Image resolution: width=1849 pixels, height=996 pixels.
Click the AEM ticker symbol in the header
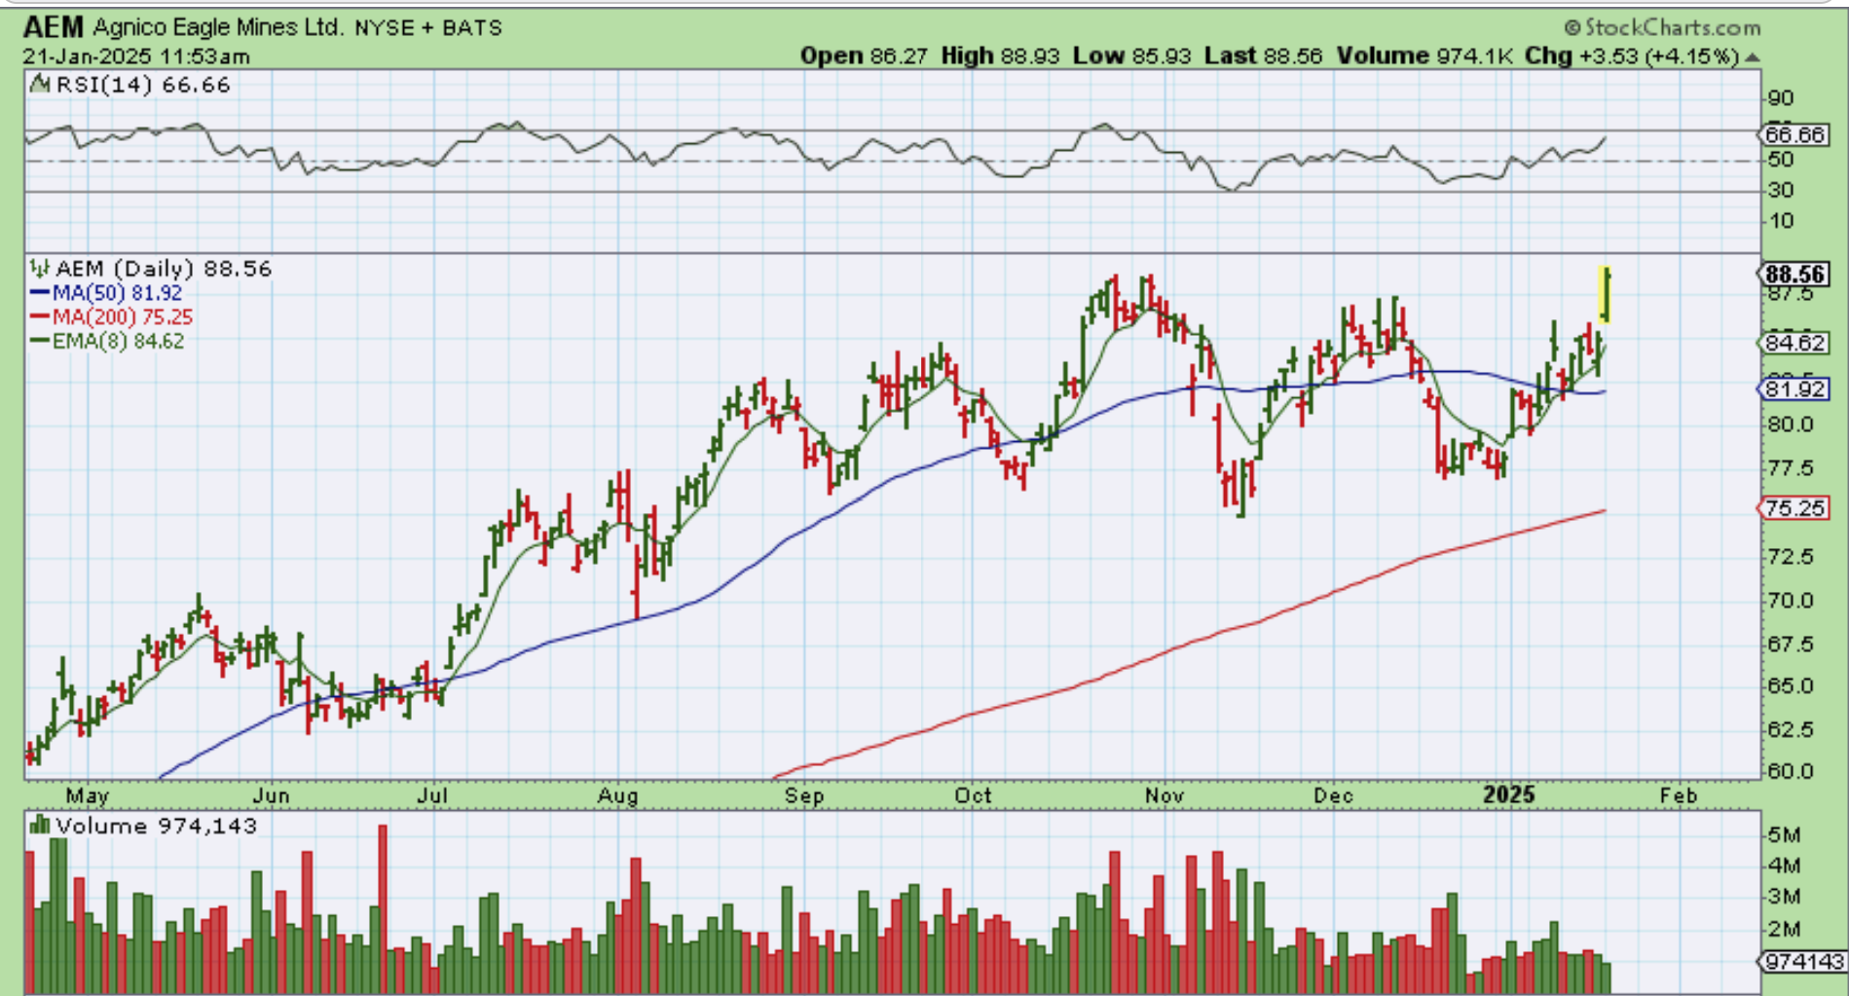click(55, 26)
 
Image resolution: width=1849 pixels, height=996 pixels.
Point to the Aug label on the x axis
click(618, 795)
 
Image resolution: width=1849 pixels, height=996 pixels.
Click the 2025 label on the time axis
click(1508, 795)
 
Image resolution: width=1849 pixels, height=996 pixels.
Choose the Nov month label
click(1165, 795)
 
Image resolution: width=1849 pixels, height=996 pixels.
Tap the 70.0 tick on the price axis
click(1792, 601)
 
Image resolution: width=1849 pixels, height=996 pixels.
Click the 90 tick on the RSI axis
click(1781, 98)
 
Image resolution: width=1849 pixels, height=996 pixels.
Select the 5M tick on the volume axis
click(1784, 834)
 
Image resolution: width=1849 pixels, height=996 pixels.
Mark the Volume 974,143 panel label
click(144, 827)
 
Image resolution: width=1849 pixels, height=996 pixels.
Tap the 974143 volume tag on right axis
click(1804, 962)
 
